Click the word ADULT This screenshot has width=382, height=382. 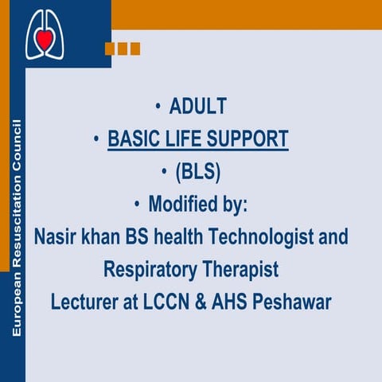pos(198,106)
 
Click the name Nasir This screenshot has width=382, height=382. pos(57,237)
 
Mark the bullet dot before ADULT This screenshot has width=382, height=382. pos(159,106)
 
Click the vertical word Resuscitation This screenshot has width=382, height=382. pos(17,208)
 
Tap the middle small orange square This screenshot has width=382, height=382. pos(123,49)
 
